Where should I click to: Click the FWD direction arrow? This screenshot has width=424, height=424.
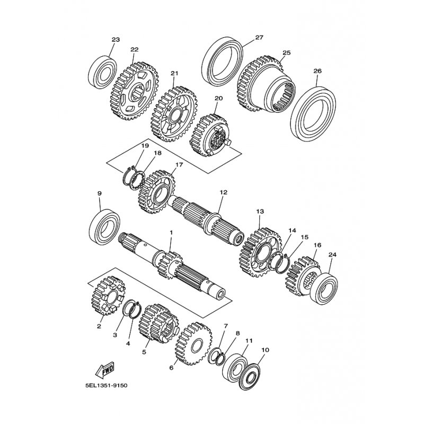tap(105, 369)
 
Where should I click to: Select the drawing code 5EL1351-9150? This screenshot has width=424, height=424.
tap(106, 385)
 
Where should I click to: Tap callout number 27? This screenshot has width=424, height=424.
tap(259, 37)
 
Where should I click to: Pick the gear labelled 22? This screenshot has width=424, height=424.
tap(134, 91)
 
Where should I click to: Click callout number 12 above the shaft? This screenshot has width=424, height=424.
tap(224, 192)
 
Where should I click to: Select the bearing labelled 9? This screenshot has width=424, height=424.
tap(104, 227)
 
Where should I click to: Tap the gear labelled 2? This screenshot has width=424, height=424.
tap(108, 296)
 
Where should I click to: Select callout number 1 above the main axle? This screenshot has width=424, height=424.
tap(171, 232)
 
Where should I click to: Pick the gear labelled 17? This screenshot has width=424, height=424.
tap(157, 191)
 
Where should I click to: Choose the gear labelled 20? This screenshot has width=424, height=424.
tap(209, 136)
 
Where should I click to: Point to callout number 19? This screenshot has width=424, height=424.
tap(145, 146)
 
